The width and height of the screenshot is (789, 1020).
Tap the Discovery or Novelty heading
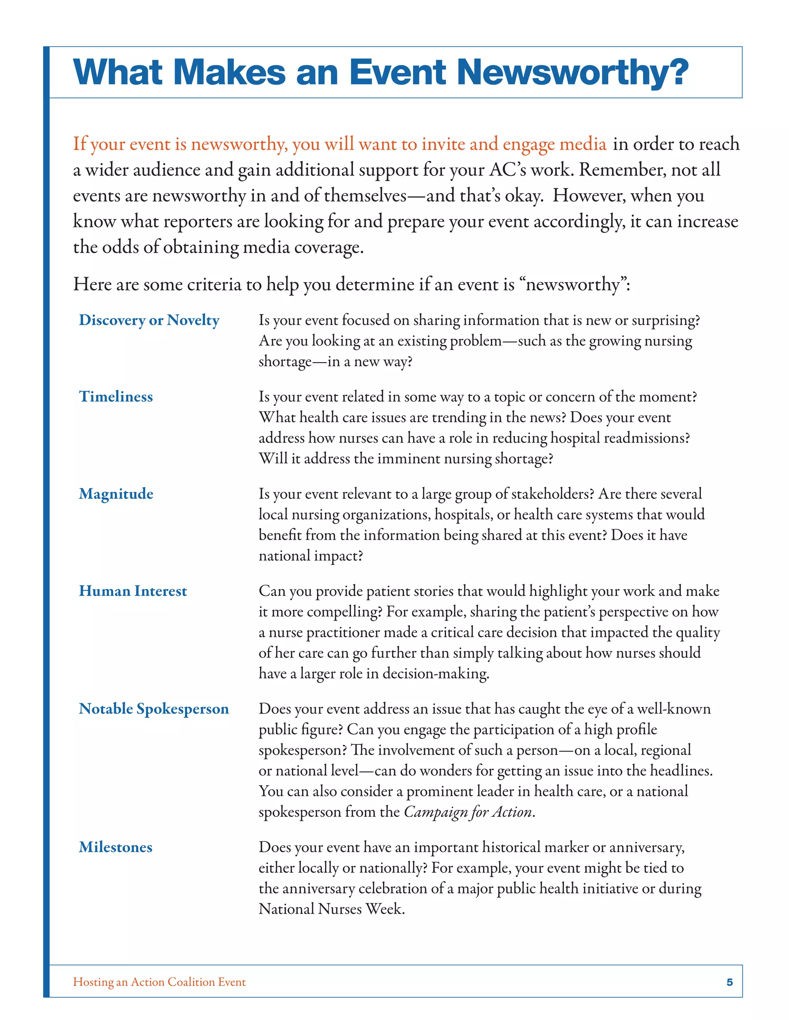(149, 320)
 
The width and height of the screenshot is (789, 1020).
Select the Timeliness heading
(116, 396)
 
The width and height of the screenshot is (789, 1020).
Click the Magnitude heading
(116, 494)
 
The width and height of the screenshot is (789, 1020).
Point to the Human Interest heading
(133, 591)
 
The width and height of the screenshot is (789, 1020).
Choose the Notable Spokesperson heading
(154, 709)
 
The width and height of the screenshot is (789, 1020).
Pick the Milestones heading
(116, 847)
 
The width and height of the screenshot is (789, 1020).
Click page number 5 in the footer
(729, 982)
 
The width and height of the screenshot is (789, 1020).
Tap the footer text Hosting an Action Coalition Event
(159, 982)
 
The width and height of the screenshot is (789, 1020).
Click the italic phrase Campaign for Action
(468, 812)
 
